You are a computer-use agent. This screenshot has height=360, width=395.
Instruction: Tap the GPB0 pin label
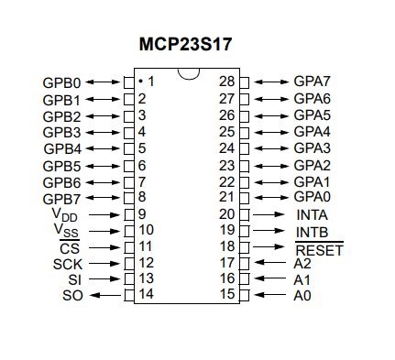tap(62, 82)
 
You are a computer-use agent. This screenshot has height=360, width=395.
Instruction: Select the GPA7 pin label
tap(312, 82)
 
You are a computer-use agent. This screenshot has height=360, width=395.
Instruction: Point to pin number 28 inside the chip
tap(228, 82)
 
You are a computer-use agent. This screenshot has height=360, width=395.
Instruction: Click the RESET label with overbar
tap(319, 248)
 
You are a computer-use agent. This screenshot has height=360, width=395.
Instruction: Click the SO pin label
tap(72, 296)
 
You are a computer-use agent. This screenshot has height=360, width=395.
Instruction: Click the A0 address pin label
tap(302, 296)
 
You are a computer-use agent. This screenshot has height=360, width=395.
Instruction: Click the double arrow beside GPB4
tap(106, 147)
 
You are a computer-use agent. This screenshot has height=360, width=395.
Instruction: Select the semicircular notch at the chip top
tap(188, 76)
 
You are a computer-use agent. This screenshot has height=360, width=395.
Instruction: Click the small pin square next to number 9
tap(128, 213)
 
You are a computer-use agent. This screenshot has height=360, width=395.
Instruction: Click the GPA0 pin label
tap(312, 197)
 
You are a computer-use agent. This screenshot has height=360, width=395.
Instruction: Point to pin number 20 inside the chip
tap(228, 214)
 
